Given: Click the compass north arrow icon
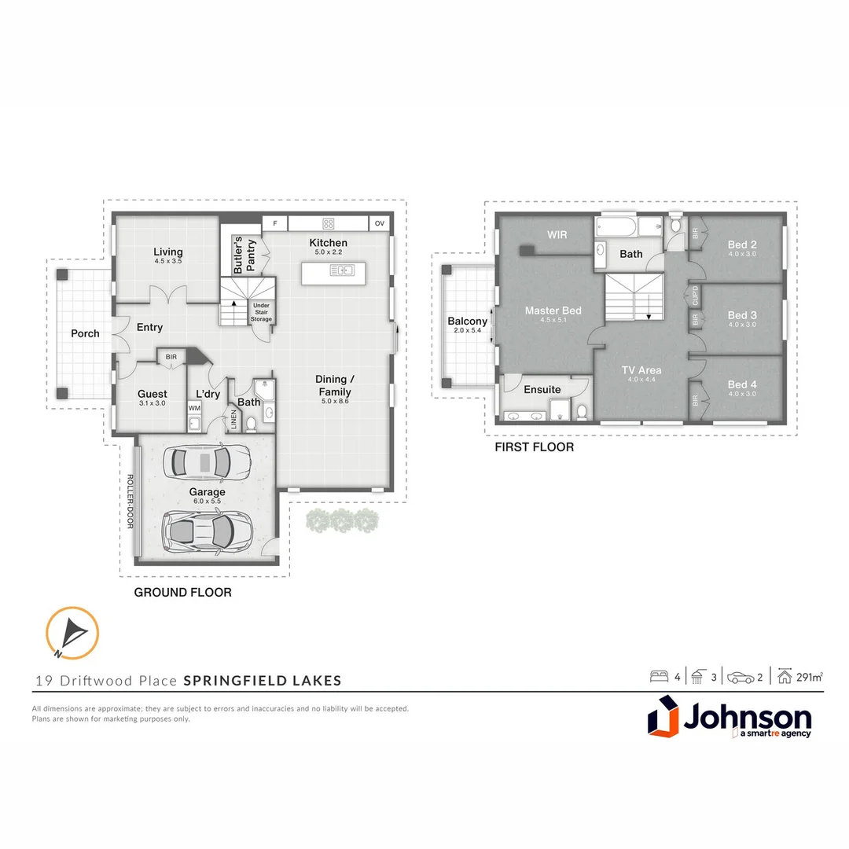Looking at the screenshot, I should coord(72,632).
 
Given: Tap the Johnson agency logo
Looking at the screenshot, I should coord(729,719).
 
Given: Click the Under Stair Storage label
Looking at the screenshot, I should coord(261,312).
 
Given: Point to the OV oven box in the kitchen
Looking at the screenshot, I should coord(380,223).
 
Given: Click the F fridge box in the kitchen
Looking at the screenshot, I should coord(275,223).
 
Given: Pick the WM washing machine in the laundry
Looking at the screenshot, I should coord(194,409).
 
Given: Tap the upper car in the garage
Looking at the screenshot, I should coord(206,461).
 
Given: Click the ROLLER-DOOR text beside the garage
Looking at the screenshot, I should coord(130,501).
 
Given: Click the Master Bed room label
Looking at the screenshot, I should coord(553,311).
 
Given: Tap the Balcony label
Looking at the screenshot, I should coord(467,321).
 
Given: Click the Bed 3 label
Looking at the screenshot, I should coord(742,315).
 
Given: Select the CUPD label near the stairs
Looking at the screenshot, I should coord(695,296).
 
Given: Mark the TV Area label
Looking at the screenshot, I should coord(641,369).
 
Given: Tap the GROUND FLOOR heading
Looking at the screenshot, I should coord(182,592).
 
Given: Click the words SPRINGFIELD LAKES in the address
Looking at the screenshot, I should coord(263,681).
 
